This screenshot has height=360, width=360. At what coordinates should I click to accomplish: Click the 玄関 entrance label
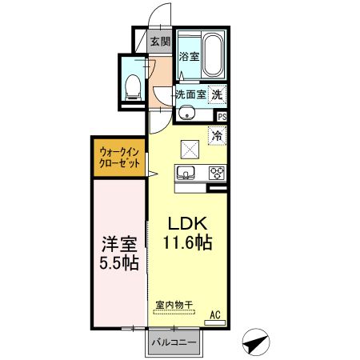point(160,42)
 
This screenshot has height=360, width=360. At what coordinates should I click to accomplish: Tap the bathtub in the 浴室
point(213,55)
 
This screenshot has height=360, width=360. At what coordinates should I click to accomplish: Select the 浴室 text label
point(189,56)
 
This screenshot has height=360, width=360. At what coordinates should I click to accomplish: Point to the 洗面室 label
point(191,94)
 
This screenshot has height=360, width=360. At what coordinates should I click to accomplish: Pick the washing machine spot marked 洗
point(217,94)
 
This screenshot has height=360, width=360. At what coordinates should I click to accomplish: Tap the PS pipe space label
point(222,117)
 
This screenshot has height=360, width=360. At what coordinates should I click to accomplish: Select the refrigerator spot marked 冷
point(218,136)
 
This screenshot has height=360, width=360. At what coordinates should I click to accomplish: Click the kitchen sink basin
point(186,172)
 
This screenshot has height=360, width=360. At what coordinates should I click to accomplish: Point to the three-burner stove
point(217,173)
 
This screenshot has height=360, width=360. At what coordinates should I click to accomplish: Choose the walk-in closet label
point(119,158)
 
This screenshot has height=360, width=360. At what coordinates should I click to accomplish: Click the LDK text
point(187,224)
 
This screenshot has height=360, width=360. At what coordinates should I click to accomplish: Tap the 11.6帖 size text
point(187,242)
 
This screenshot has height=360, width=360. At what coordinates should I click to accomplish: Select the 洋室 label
point(119,244)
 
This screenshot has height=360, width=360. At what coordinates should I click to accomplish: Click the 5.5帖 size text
point(119,263)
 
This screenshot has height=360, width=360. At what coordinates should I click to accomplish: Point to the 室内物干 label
point(174,305)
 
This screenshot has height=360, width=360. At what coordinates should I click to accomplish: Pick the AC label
point(215,314)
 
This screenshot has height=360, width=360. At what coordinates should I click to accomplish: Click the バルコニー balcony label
point(174,342)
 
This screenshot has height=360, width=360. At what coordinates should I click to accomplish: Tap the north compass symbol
point(256,342)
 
